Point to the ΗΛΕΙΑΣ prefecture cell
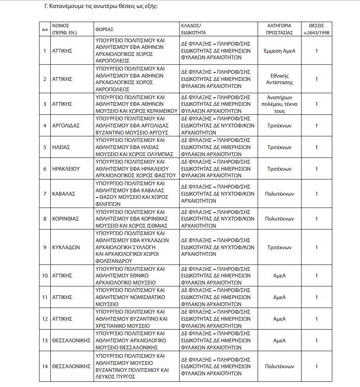tap(61, 147)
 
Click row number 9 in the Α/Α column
tap(45, 247)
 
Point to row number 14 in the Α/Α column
tap(45, 366)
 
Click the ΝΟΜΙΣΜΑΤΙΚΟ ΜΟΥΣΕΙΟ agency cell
tap(137, 297)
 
